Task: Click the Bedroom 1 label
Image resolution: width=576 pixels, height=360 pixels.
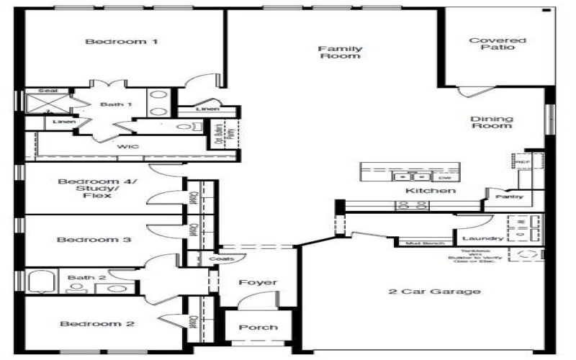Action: tap(121, 42)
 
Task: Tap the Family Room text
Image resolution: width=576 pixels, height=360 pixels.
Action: tap(340, 52)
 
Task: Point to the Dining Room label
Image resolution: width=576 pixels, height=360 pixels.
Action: tap(491, 122)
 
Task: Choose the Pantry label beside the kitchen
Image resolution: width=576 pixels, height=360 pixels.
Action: tap(510, 197)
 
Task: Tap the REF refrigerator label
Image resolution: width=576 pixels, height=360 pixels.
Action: tap(523, 163)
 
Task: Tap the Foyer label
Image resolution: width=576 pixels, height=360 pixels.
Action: tap(258, 282)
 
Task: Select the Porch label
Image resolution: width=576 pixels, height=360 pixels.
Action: tap(258, 327)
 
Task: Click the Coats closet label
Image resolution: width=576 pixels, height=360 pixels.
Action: tap(220, 258)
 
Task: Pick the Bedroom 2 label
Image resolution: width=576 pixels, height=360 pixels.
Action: tap(96, 324)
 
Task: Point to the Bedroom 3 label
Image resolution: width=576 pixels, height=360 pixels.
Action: tap(94, 240)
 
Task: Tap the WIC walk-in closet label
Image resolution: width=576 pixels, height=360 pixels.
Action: tap(130, 146)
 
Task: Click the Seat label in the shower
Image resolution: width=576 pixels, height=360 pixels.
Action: tap(48, 91)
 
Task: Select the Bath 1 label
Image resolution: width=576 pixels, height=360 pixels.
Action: tap(116, 104)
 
